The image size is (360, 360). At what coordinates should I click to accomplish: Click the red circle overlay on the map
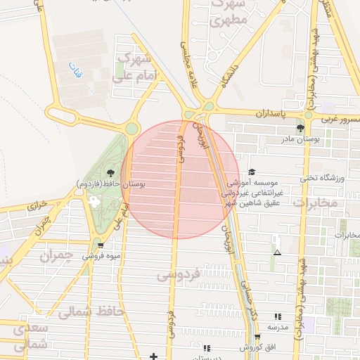[180, 179]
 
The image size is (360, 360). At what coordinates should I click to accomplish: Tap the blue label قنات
[75, 70]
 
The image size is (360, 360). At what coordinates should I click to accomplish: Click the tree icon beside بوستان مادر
[301, 128]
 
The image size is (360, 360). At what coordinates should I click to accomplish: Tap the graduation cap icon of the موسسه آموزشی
[252, 172]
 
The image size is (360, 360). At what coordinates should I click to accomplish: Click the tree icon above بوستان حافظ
[110, 172]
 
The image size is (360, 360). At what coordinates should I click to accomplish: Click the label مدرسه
[277, 328]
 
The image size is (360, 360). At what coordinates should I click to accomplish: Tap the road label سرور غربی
[339, 119]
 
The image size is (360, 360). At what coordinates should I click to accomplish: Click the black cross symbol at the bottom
[154, 355]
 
